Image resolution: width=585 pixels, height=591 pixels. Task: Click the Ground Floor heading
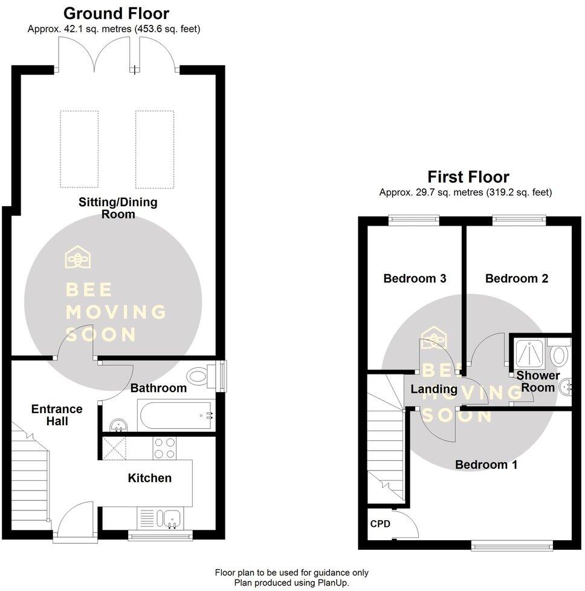116,13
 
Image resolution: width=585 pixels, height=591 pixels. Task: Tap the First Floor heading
468,177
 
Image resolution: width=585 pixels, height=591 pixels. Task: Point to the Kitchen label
149,478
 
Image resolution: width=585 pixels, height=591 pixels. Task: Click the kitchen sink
170,518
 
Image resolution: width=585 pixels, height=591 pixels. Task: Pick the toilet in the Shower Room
558,353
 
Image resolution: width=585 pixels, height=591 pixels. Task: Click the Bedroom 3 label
415,279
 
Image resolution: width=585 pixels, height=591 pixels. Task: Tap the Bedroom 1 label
486,465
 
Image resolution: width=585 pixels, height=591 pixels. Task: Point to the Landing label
434,388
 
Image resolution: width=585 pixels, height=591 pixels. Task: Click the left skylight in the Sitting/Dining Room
79,149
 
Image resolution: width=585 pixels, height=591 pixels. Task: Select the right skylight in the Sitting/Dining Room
155,149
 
